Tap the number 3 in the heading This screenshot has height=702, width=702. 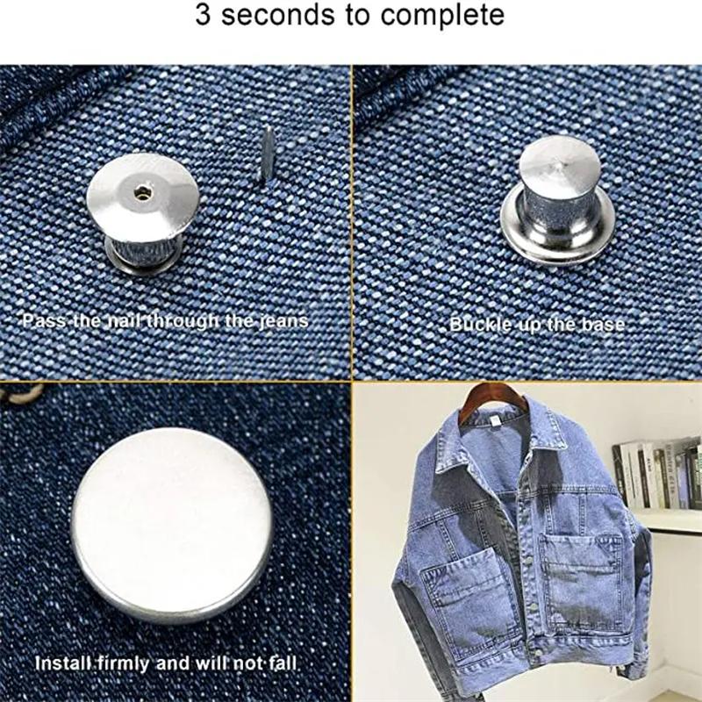[204, 16]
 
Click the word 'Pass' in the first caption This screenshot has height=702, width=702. [39, 320]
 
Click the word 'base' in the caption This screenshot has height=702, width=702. [600, 325]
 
